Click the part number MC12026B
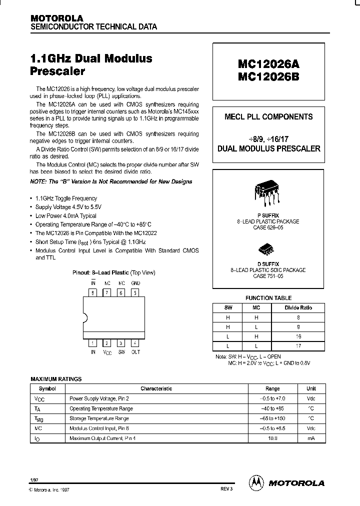click(268, 78)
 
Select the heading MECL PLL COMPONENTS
click(268, 117)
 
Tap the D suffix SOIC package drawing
click(265, 248)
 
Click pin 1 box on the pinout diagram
click(93, 343)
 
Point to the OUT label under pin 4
click(135, 352)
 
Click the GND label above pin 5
click(135, 283)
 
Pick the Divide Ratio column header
click(298, 307)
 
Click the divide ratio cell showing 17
click(298, 345)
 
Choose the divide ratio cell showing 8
click(298, 317)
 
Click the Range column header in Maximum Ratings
click(272, 388)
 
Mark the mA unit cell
click(311, 438)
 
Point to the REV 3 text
click(226, 488)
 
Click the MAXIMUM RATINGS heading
click(56, 379)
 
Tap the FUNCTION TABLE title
click(265, 298)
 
